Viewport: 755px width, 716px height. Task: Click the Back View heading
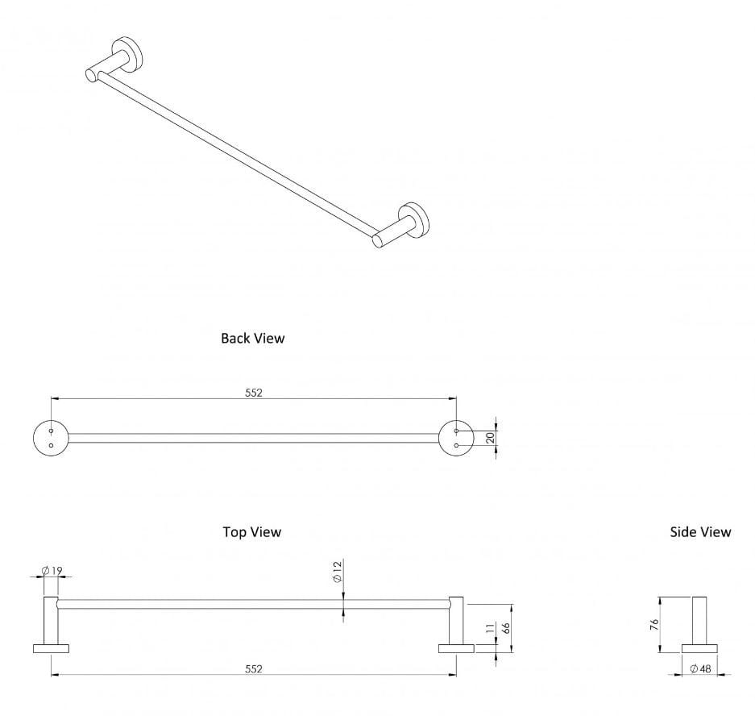[252, 338]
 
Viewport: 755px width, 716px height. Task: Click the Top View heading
[252, 531]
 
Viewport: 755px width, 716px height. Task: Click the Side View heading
[700, 531]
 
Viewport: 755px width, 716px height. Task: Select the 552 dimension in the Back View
[254, 393]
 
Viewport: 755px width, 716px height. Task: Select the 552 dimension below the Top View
[254, 668]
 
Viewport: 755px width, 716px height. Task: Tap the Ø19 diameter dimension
[52, 571]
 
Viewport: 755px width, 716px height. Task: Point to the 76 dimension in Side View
[654, 624]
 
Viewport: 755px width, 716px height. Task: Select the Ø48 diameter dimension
[700, 668]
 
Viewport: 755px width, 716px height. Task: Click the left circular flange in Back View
[51, 438]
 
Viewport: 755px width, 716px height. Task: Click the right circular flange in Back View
[456, 438]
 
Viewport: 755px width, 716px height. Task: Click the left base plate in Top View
[51, 648]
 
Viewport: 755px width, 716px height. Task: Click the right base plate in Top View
[456, 648]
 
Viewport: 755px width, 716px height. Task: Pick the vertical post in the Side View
[699, 620]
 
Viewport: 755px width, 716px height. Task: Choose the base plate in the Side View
[699, 648]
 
